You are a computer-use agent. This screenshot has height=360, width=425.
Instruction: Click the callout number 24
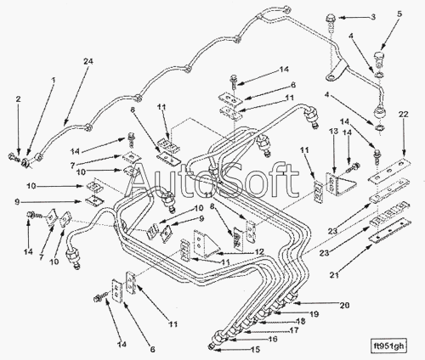[x=88, y=61]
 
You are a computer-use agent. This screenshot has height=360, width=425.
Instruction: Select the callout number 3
[x=373, y=17]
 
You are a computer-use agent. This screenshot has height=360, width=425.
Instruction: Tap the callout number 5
[x=399, y=14]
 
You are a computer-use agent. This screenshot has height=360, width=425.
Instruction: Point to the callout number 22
[x=404, y=115]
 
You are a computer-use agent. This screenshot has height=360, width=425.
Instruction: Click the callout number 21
[x=335, y=274]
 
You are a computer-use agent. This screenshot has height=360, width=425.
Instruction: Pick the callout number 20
[x=344, y=306]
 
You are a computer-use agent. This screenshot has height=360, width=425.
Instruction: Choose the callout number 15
[x=255, y=350]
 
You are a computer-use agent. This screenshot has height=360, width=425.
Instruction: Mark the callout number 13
[x=334, y=132]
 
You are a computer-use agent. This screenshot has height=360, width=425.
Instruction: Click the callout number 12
[x=259, y=251]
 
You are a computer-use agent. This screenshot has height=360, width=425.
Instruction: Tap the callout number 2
[x=18, y=99]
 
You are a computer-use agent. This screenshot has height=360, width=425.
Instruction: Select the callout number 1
[x=53, y=80]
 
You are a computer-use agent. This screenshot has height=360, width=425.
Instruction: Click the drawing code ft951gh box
[x=388, y=346]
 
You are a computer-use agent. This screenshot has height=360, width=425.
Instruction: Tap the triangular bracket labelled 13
[x=340, y=184]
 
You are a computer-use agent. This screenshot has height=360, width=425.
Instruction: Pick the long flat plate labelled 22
[x=389, y=172]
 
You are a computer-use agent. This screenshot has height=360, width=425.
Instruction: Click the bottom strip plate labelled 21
[x=389, y=230]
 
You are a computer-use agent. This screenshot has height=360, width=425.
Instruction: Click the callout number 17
[x=294, y=330]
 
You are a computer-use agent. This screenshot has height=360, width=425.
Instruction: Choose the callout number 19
[x=314, y=314]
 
